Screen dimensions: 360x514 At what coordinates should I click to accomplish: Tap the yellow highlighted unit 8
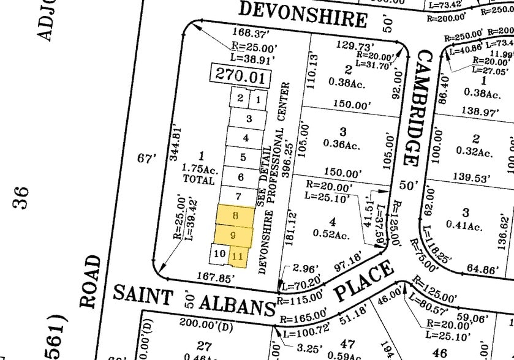(235, 216)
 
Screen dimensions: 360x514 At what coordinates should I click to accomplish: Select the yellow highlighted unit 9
(233, 235)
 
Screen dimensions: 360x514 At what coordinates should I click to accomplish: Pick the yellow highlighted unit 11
(238, 256)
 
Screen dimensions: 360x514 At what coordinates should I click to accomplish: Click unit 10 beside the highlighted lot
(219, 252)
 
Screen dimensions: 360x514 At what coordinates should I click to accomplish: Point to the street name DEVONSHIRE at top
(303, 15)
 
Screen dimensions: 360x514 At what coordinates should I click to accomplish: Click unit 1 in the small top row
(259, 99)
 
